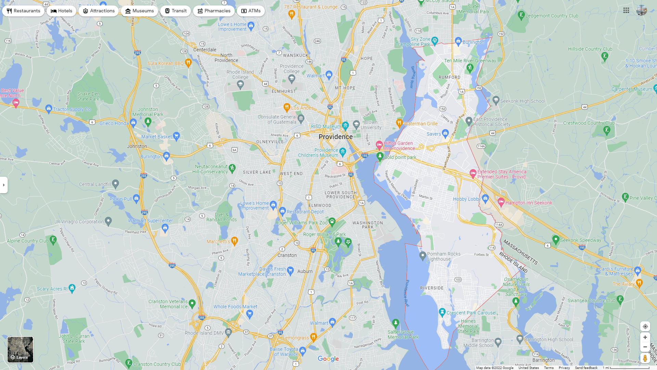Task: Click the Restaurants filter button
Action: pos(23,11)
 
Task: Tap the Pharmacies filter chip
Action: pos(214,11)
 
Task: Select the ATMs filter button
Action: pos(250,11)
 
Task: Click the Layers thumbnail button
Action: pos(21,349)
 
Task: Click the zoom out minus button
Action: pos(645,347)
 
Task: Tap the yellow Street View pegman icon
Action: pos(645,358)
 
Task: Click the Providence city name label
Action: pos(335,137)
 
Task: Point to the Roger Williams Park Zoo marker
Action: pos(332,222)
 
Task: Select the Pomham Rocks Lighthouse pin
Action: pos(423,256)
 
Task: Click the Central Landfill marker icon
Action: pos(116,184)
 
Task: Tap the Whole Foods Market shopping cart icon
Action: pos(249,313)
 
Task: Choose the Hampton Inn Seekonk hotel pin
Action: pos(501,202)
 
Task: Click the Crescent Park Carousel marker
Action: pos(442,312)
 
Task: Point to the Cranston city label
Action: pos(287,255)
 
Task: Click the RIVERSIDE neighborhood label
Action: pos(432,288)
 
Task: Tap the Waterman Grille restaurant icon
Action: pos(399,123)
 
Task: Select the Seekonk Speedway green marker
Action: pos(556,239)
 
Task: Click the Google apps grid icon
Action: pos(626,11)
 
